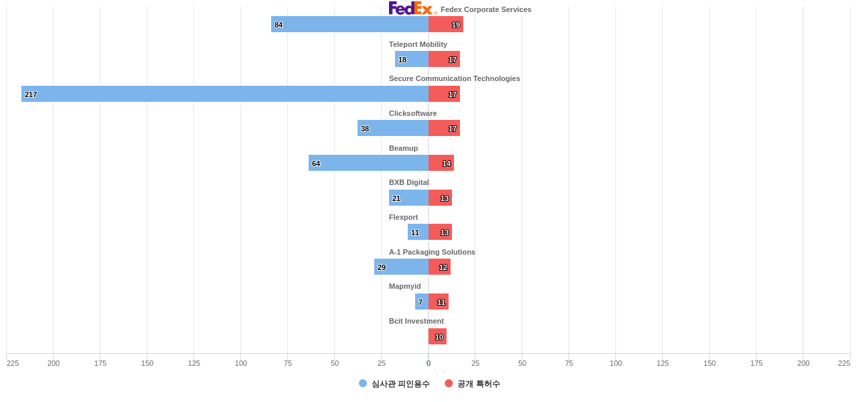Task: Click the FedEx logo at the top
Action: point(412,8)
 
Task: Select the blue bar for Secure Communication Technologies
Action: point(225,94)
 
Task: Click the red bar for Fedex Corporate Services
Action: point(445,24)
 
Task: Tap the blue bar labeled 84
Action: point(349,24)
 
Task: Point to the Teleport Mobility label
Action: point(418,44)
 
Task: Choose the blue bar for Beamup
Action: point(368,163)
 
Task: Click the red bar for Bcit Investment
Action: point(437,336)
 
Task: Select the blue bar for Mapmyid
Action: point(422,301)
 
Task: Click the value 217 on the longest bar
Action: point(31,94)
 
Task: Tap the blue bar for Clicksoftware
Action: point(393,128)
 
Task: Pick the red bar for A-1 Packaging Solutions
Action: point(439,267)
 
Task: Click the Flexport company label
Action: point(403,217)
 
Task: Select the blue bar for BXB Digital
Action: point(408,198)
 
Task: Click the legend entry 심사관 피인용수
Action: point(394,384)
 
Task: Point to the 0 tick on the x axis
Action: point(428,363)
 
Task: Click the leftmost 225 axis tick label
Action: point(13,363)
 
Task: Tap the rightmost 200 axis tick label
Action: point(803,363)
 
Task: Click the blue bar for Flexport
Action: point(418,232)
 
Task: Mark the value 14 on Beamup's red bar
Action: point(447,163)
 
